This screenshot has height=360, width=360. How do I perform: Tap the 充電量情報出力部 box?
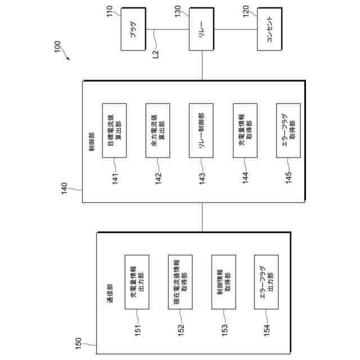pyautogui.click(x=137, y=281)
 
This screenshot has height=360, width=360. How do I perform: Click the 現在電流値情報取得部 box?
pyautogui.click(x=180, y=281)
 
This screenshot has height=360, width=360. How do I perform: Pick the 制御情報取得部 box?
pyautogui.click(x=223, y=281)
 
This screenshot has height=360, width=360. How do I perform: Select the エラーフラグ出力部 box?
pyautogui.click(x=267, y=281)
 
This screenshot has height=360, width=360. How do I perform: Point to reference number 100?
pyautogui.click(x=58, y=51)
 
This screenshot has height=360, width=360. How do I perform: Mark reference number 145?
pyautogui.click(x=289, y=179)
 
